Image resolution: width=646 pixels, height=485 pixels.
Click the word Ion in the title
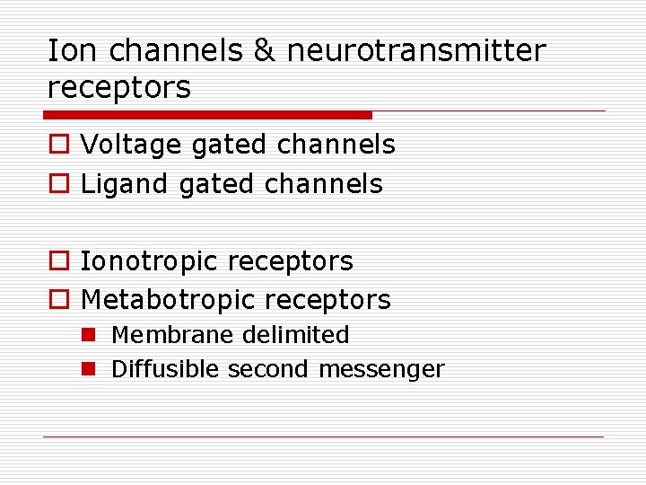click(x=68, y=51)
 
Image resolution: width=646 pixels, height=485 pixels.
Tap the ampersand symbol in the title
click(x=264, y=51)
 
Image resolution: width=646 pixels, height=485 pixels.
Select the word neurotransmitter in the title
click(x=415, y=51)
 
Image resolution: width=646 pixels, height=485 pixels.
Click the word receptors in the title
click(x=119, y=88)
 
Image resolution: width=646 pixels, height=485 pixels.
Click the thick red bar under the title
click(x=207, y=115)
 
